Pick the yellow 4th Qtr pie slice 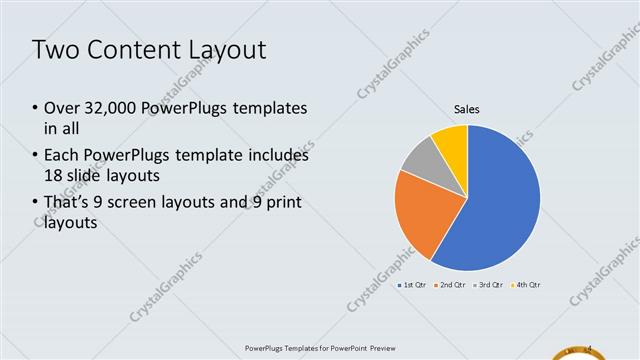[453, 140]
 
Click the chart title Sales [468, 108]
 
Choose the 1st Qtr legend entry [414, 285]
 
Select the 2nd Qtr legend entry [450, 285]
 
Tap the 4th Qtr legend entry [525, 285]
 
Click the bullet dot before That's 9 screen [35, 204]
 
